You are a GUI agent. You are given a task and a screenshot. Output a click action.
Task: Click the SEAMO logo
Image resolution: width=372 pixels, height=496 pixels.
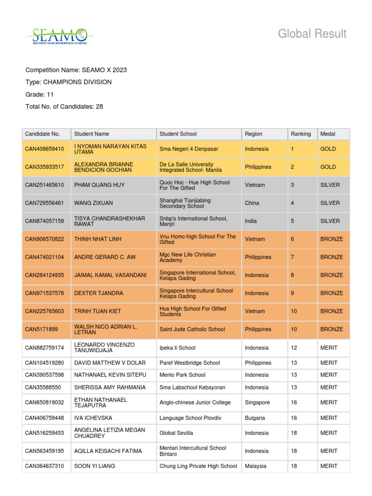pyautogui.click(x=60, y=35)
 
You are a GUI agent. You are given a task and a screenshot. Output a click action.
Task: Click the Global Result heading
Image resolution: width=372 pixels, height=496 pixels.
pyautogui.click(x=312, y=33)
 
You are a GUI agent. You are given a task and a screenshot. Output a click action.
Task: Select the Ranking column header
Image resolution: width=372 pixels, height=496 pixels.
pyautogui.click(x=300, y=134)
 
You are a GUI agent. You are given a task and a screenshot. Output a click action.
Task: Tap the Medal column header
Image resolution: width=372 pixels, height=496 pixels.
pyautogui.click(x=327, y=134)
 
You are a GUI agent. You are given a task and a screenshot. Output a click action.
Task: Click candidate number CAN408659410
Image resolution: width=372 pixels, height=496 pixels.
pyautogui.click(x=45, y=149)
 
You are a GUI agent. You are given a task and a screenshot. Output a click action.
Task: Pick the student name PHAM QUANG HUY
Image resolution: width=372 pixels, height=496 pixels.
pyautogui.click(x=99, y=185)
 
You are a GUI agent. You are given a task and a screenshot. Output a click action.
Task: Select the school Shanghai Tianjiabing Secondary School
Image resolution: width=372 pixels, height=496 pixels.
pyautogui.click(x=185, y=203)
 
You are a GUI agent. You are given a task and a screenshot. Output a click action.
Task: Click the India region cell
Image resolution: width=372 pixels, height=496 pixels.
pyautogui.click(x=252, y=221)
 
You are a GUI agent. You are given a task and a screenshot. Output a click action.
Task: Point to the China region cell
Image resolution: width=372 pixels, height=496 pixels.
pyautogui.click(x=252, y=203)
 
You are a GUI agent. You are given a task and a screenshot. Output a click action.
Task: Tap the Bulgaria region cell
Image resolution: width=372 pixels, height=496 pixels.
pyautogui.click(x=255, y=418)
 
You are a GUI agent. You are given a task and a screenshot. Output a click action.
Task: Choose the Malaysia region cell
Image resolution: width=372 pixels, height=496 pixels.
pyautogui.click(x=256, y=466)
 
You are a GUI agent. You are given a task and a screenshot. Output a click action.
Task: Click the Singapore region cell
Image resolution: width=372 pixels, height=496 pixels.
pyautogui.click(x=257, y=403)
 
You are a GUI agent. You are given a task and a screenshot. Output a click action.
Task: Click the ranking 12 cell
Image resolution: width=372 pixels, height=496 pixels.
pyautogui.click(x=294, y=348)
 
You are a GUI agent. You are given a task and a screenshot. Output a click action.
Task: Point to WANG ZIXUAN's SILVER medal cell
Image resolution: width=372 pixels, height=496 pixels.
pyautogui.click(x=330, y=203)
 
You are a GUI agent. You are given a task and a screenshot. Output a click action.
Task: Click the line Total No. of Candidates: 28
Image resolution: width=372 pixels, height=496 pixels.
pyautogui.click(x=64, y=107)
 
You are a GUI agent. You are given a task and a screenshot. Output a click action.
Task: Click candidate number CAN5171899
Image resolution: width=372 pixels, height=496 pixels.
pyautogui.click(x=41, y=329)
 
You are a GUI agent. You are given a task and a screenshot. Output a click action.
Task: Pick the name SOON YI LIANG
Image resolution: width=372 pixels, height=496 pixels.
pyautogui.click(x=94, y=466)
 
